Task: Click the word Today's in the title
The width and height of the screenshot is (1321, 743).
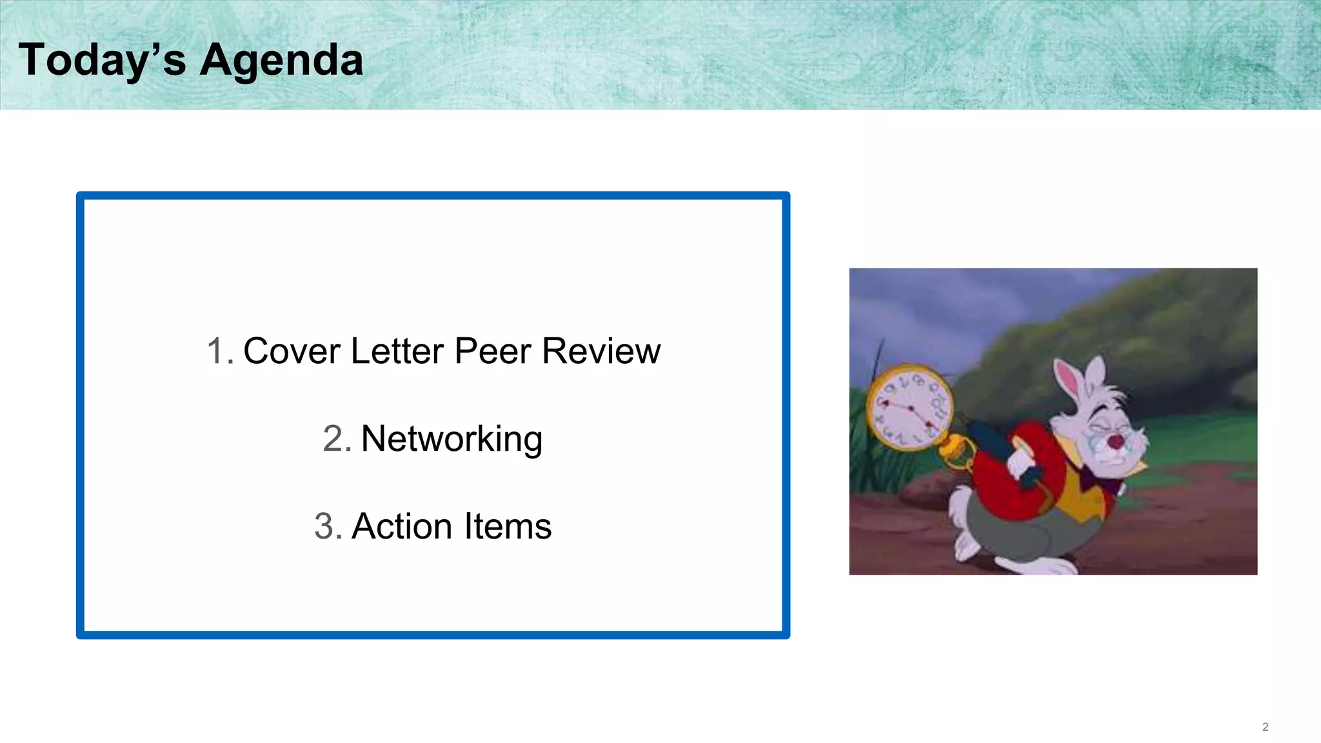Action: point(102,60)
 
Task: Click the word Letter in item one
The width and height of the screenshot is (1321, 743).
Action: point(397,352)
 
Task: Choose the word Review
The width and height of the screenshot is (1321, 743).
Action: point(601,352)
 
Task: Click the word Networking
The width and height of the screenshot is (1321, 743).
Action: point(452,439)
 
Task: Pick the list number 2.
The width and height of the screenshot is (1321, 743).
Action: point(336,439)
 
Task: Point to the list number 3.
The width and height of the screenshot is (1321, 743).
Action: point(327,526)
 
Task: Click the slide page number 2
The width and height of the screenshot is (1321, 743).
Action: point(1265,727)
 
